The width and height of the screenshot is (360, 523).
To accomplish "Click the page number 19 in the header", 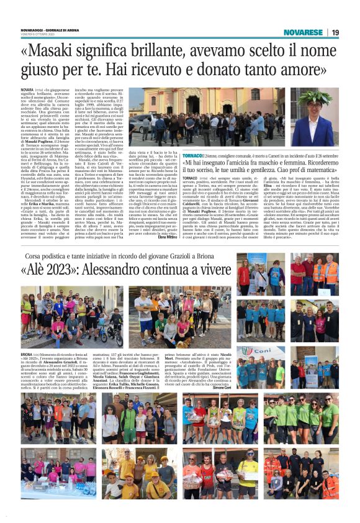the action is coord(335,32).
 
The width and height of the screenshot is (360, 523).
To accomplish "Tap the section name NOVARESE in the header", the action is coord(303,32).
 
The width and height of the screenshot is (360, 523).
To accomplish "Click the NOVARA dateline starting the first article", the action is coord(28,90).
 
